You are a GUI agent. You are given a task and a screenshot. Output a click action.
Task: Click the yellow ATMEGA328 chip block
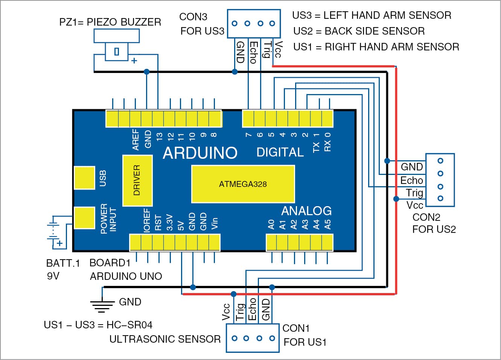click(243, 184)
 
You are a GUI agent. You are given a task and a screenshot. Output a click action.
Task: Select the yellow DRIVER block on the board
click(137, 181)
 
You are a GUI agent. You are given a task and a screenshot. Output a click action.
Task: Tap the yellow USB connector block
click(84, 178)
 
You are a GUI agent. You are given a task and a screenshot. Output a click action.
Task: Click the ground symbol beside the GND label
click(102, 305)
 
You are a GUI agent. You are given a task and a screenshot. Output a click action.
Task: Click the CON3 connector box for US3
click(254, 23)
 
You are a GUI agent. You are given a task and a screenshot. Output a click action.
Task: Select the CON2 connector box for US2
click(440, 180)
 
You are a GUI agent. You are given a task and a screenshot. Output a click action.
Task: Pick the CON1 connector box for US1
click(253, 338)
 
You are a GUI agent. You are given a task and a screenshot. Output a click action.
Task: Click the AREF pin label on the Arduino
click(136, 140)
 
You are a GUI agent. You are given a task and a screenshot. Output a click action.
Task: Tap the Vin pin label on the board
click(215, 223)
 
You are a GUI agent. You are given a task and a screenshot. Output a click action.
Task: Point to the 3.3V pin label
click(169, 222)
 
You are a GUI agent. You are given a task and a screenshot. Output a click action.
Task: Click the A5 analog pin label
click(327, 224)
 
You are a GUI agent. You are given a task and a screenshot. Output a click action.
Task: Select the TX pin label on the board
click(316, 147)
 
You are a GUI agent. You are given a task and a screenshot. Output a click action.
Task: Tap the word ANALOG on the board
click(306, 211)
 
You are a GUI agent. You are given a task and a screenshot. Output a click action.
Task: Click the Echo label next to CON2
click(412, 180)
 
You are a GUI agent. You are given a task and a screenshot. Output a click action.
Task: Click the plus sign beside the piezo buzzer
click(134, 61)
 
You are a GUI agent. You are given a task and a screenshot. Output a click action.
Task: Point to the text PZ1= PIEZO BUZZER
click(110, 22)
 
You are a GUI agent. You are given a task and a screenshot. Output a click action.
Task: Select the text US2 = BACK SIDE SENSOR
click(359, 31)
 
